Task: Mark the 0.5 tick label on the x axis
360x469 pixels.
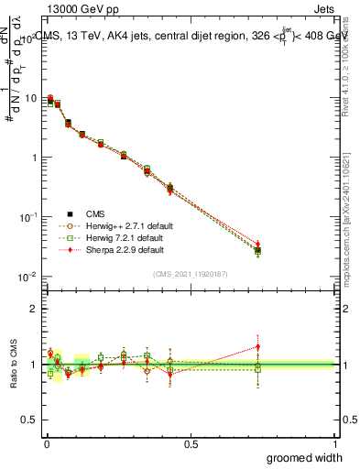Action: point(191,443)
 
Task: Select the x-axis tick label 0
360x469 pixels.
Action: point(46,443)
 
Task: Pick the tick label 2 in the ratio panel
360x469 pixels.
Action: point(34,310)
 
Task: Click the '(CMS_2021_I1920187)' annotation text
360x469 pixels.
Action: point(190,273)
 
